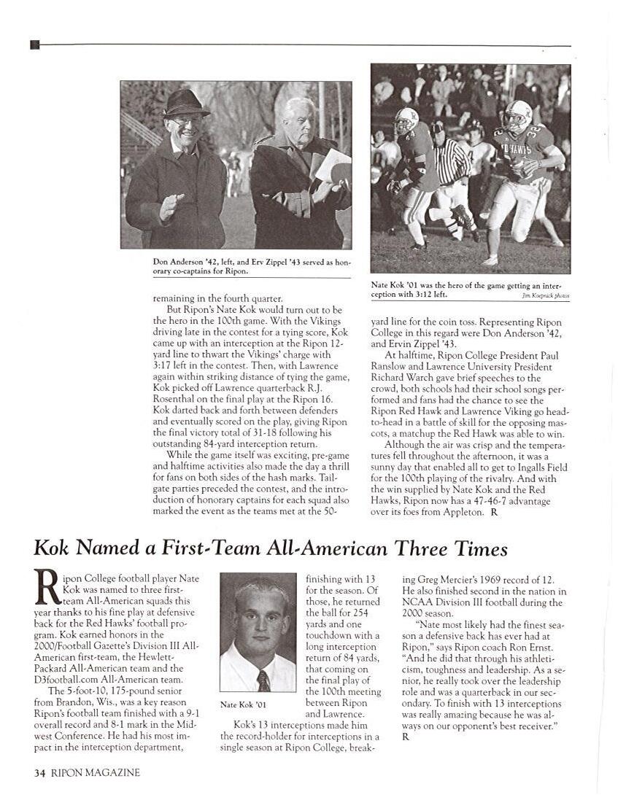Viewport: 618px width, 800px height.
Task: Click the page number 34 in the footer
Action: point(40,773)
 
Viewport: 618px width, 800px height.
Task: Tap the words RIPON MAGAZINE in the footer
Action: point(96,773)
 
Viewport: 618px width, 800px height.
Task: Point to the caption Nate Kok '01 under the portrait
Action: point(243,704)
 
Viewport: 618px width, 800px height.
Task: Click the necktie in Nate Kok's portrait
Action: point(263,680)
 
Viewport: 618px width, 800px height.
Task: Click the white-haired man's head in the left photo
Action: point(298,117)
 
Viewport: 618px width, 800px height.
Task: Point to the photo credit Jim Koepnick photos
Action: point(546,296)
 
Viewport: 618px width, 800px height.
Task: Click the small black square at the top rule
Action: point(35,45)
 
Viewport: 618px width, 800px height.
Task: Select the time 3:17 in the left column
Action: point(166,355)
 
